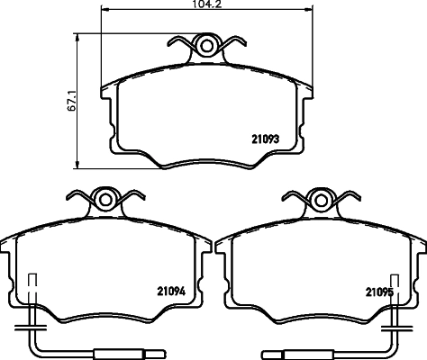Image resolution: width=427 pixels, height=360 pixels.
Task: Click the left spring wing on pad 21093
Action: coord(183,44)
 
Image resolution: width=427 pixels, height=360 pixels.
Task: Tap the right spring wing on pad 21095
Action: coord(345,196)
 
